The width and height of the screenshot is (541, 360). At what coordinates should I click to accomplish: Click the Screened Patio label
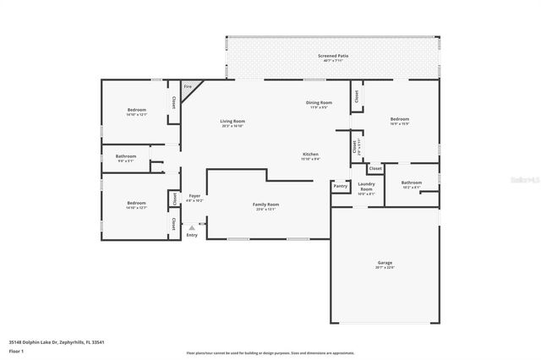pyautogui.click(x=333, y=57)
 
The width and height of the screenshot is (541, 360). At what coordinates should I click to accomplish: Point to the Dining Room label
pyautogui.click(x=319, y=104)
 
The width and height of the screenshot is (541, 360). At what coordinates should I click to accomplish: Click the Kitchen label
pyautogui.click(x=310, y=155)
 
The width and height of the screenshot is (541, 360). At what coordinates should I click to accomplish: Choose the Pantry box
pyautogui.click(x=340, y=186)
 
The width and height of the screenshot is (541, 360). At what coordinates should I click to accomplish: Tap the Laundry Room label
pyautogui.click(x=366, y=186)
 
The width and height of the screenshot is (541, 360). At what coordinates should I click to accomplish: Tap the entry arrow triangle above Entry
pyautogui.click(x=192, y=226)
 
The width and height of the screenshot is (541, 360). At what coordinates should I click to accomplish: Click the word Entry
pyautogui.click(x=192, y=234)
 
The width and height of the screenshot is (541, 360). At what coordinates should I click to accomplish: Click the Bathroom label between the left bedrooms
pyautogui.click(x=126, y=157)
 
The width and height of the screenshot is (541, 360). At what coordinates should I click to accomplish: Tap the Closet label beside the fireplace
pyautogui.click(x=174, y=101)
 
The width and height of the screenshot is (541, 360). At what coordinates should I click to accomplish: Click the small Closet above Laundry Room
pyautogui.click(x=375, y=168)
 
